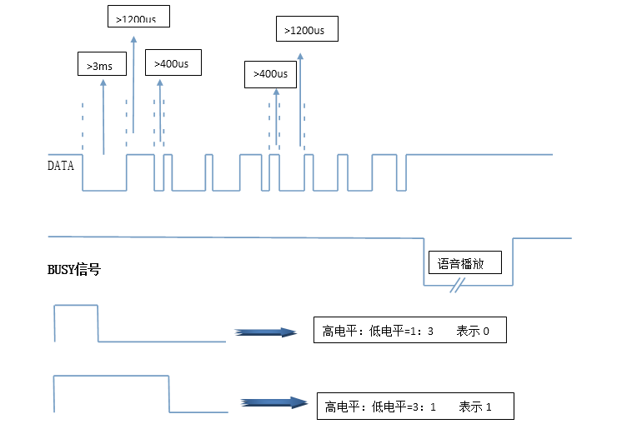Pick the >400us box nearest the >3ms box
click(173, 62)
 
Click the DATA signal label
click(60, 166)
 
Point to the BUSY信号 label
click(74, 269)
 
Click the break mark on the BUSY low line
click(456, 287)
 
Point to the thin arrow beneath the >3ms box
click(103, 117)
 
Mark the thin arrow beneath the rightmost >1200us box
click(300, 100)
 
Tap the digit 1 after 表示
click(489, 407)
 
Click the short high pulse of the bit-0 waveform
click(76, 306)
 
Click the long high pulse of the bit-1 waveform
click(112, 377)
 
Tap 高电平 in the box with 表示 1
click(342, 407)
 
